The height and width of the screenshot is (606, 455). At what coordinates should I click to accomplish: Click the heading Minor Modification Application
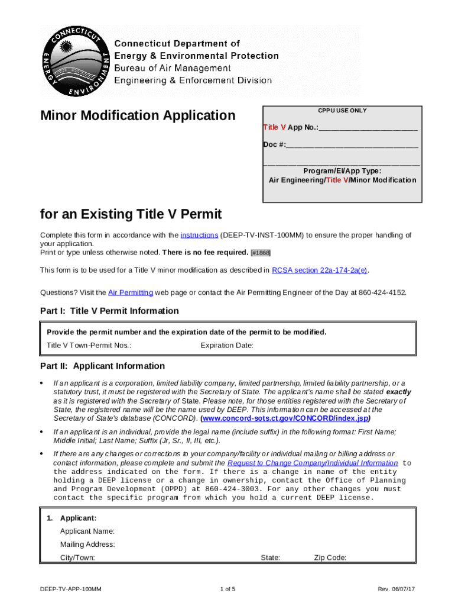[138, 115]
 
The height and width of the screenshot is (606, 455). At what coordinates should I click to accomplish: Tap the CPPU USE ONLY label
[342, 111]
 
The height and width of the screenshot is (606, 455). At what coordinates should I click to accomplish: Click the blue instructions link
[199, 235]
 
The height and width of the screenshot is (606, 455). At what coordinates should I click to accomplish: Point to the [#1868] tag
[261, 253]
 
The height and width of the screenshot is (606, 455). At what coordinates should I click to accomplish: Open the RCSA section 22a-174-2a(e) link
[319, 270]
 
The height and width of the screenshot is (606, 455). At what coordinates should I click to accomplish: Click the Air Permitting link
[131, 292]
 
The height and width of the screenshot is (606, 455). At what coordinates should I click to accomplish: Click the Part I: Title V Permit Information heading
[109, 311]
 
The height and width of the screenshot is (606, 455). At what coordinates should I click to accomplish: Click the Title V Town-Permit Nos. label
[89, 346]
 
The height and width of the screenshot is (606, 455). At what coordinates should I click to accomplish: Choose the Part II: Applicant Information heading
[102, 366]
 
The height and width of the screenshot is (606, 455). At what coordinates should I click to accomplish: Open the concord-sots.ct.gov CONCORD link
[286, 418]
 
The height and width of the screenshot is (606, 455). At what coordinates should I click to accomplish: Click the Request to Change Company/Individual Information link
[313, 463]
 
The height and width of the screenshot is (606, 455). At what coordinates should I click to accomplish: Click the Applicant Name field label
[87, 531]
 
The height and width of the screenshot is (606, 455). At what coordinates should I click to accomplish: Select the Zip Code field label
[330, 557]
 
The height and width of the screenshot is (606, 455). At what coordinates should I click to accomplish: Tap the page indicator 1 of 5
[227, 589]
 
